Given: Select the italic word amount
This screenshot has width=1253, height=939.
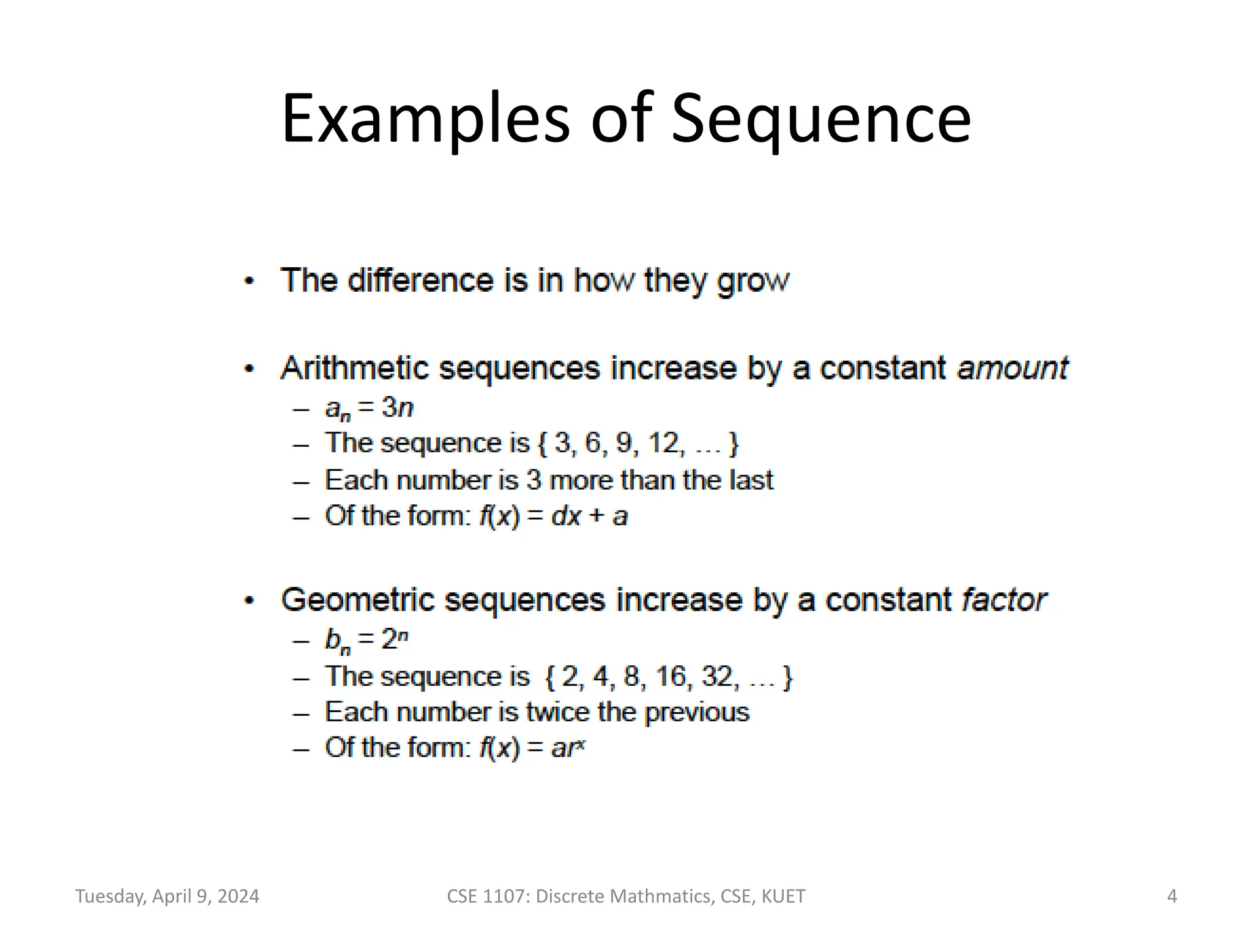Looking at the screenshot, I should (1012, 369).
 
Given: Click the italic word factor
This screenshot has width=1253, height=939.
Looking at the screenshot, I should (1003, 600).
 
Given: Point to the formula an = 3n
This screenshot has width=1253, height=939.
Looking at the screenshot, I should (369, 408).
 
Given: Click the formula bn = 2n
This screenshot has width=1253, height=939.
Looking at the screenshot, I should (366, 640).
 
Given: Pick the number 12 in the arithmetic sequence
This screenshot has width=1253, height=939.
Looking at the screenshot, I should (663, 443).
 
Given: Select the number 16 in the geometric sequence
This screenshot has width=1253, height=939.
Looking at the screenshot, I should (671, 677).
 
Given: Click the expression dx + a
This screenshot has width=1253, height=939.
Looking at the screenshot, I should (589, 517).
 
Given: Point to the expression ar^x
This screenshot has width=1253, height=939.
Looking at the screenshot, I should (568, 748).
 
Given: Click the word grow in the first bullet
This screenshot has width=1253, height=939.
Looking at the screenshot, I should (753, 281).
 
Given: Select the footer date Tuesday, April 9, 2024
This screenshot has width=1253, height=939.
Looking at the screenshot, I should (167, 896).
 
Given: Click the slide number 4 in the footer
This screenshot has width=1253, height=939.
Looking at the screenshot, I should (1172, 896).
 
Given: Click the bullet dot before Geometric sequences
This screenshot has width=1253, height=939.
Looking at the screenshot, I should (249, 600).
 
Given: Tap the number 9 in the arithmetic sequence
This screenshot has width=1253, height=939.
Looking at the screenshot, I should (623, 443).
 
